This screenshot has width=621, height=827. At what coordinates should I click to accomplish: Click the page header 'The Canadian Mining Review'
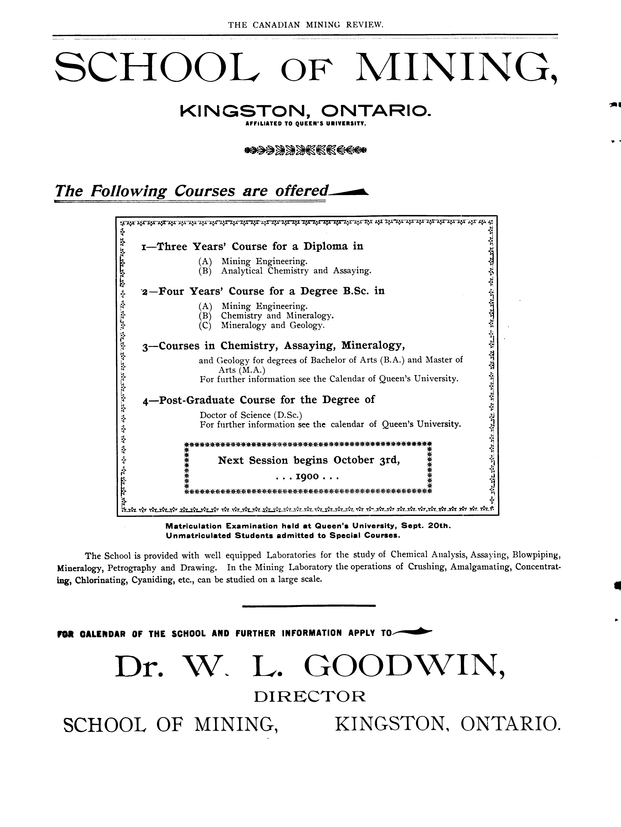pos(306,25)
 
